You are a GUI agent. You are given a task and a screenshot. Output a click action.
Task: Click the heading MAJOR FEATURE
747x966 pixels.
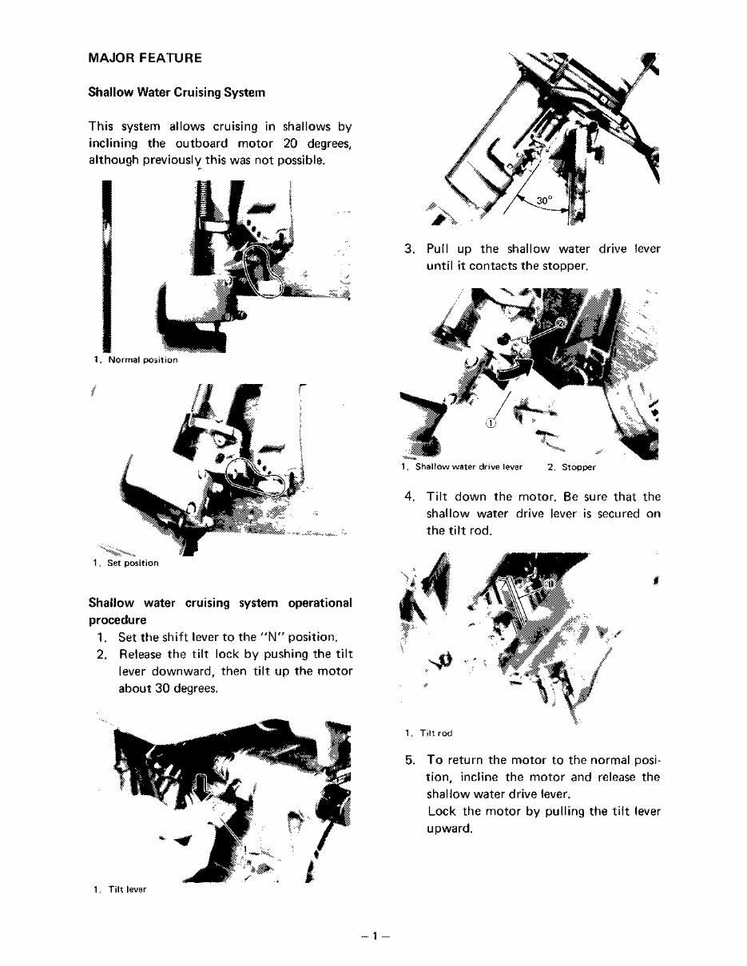(x=145, y=58)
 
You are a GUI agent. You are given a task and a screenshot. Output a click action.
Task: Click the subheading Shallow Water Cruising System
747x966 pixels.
(x=176, y=93)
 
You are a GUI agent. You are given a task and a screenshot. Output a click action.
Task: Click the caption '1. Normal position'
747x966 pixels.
(x=134, y=360)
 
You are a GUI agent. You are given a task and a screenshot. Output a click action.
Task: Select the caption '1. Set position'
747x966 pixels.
(x=125, y=563)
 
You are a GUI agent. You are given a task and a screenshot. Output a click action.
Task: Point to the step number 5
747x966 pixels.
(x=410, y=760)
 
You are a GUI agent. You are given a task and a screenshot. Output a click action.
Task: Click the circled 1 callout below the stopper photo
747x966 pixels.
(x=491, y=425)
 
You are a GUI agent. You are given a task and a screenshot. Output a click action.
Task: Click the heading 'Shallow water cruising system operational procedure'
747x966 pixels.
(x=220, y=612)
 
